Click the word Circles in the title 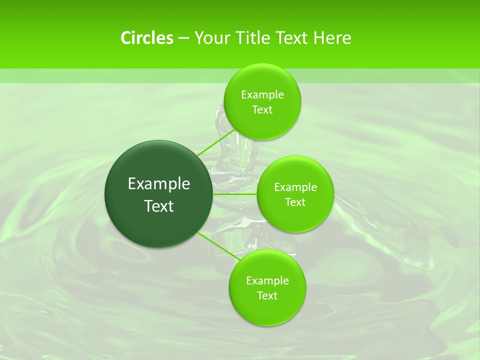146,38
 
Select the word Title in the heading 253,38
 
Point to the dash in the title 183,38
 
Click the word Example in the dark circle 159,184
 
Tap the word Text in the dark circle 159,206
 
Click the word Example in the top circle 262,95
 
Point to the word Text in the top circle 262,110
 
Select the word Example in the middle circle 295,187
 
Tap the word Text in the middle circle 295,202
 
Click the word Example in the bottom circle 267,281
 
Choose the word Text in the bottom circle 267,296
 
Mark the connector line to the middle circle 235,194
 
